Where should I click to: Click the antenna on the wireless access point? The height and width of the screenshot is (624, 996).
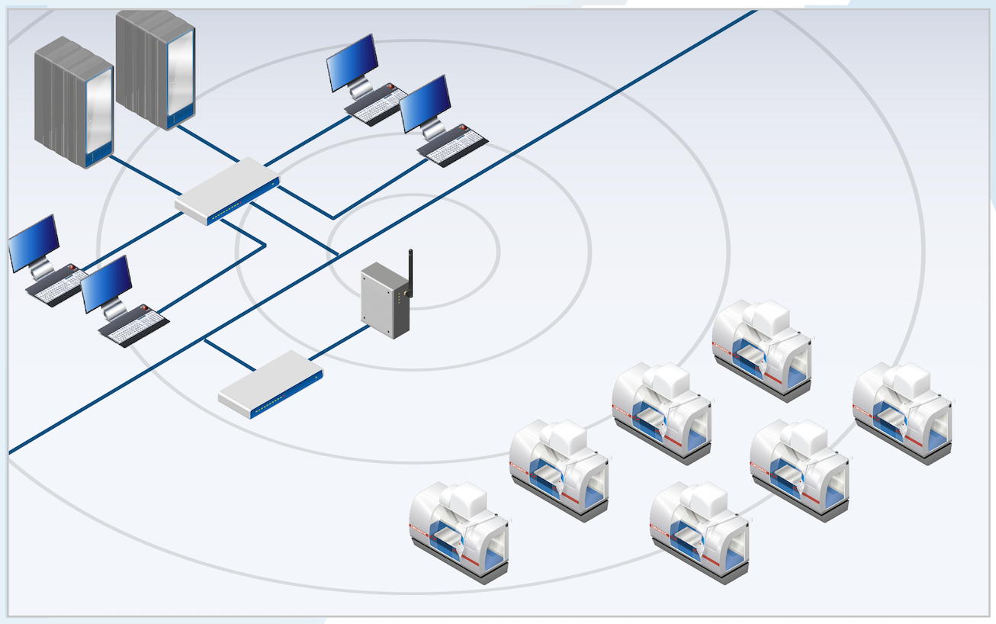click(x=410, y=271)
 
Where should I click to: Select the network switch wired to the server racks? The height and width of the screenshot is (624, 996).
click(x=227, y=191)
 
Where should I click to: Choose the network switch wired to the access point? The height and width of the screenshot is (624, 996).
click(x=270, y=383)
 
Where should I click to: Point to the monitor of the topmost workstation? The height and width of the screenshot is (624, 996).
click(x=352, y=61)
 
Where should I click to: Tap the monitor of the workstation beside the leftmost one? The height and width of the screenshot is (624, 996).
click(x=106, y=283)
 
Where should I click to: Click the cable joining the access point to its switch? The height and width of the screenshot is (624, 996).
click(x=339, y=344)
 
